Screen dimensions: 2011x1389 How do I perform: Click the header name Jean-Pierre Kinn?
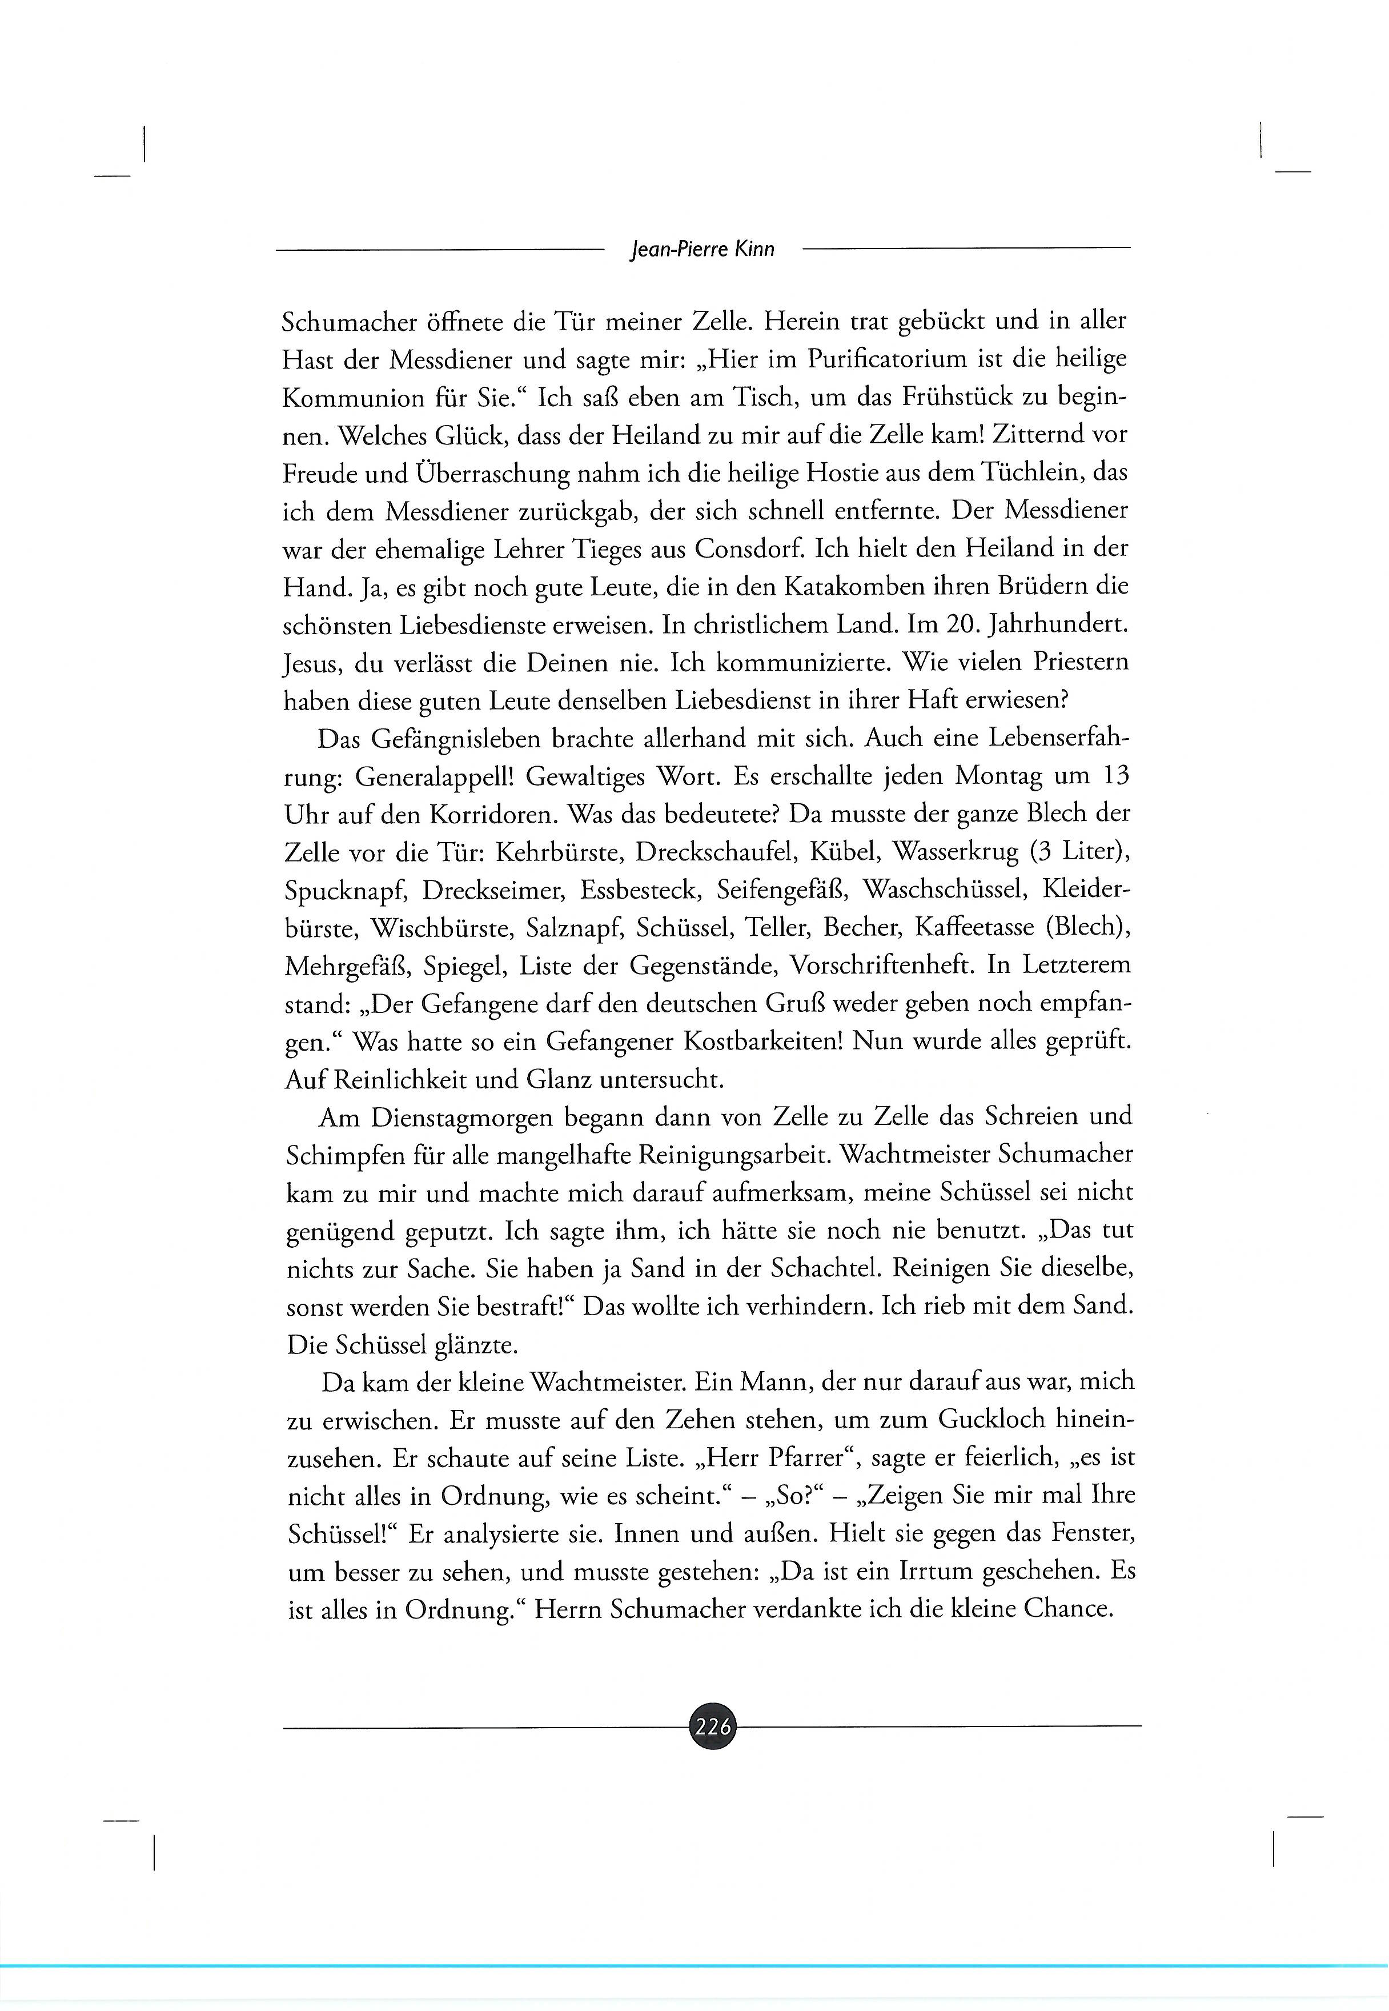coord(701,250)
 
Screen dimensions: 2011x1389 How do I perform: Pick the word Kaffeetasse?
coord(972,927)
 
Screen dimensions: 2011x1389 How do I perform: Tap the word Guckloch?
coord(990,1419)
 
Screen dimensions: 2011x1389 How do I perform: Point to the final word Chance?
coord(1068,1609)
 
